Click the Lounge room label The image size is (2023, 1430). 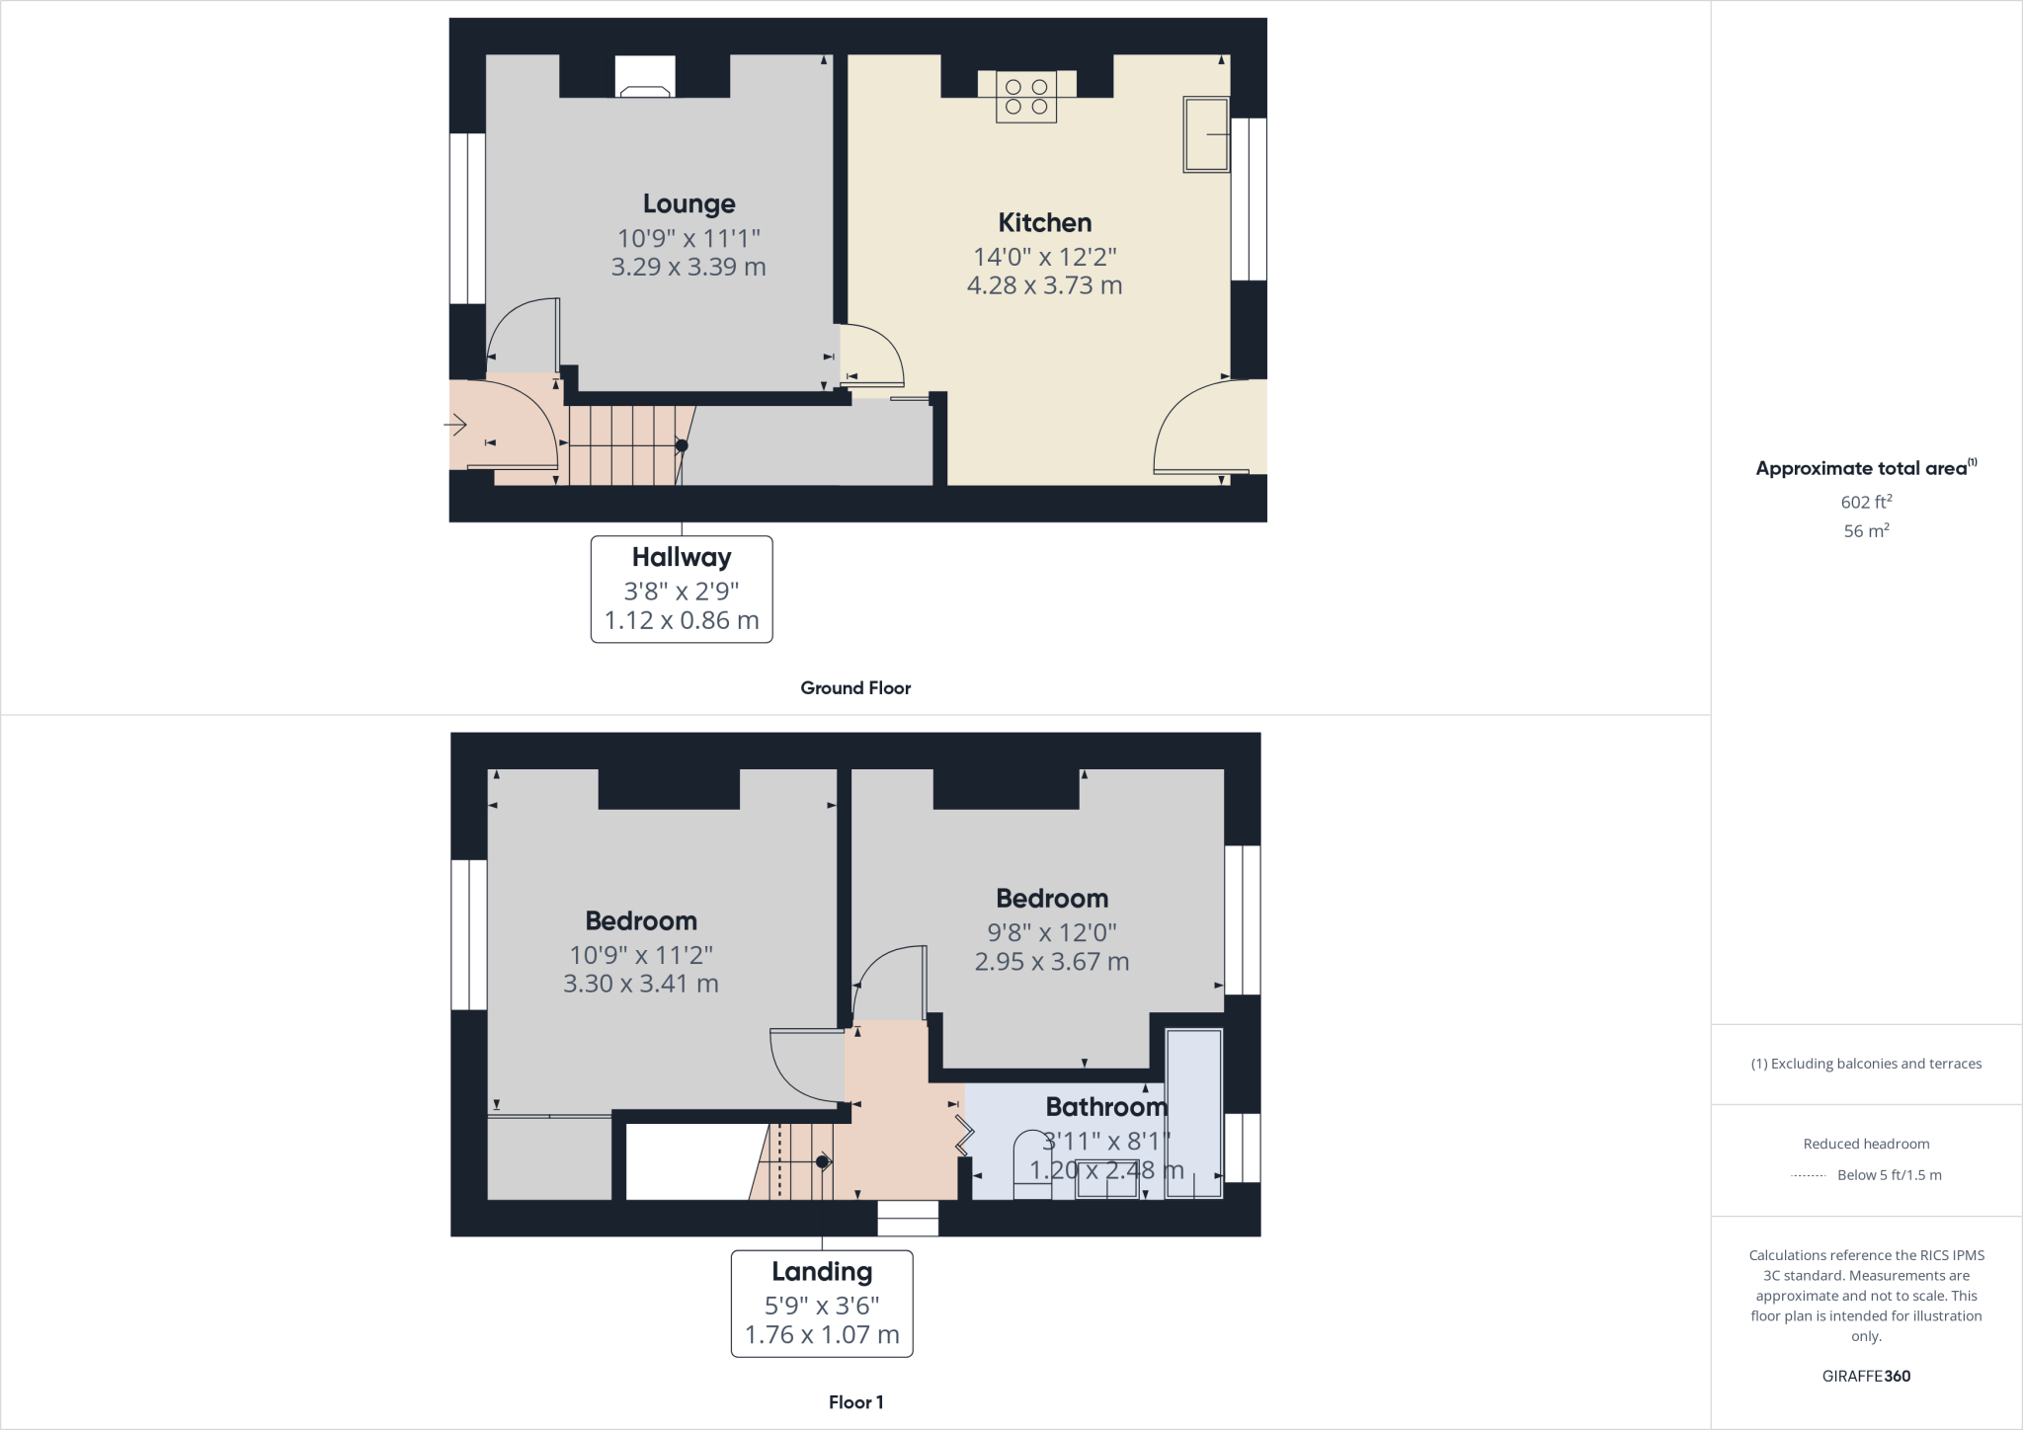coord(688,203)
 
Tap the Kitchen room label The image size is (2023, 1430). coord(1044,222)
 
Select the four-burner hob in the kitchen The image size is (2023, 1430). coord(1026,97)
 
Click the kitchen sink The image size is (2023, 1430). coord(1206,134)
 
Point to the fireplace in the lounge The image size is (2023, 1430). coord(645,77)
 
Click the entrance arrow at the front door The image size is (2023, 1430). coord(455,426)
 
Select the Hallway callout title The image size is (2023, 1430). coord(682,557)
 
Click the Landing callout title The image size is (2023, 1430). coord(822,1271)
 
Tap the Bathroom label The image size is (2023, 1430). coord(1106,1107)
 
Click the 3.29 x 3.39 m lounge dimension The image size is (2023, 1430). coord(688,267)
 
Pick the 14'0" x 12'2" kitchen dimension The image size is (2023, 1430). coord(1044,257)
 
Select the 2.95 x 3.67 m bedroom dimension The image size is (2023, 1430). coord(1051,962)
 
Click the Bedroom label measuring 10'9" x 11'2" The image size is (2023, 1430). coord(641,920)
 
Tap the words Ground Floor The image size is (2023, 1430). coord(855,688)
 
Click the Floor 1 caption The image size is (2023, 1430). coord(855,1402)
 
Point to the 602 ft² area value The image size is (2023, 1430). coord(1866,502)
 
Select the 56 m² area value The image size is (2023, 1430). coord(1866,531)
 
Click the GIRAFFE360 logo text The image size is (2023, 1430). coord(1866,1376)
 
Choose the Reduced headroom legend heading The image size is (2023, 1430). coord(1866,1144)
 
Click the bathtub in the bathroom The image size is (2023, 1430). coord(1194,1114)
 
